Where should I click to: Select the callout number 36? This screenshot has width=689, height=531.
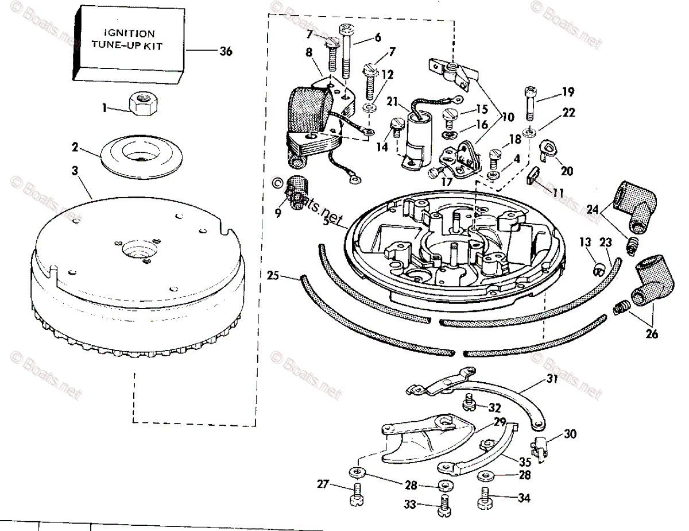tap(226, 52)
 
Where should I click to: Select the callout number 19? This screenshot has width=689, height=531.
tap(568, 92)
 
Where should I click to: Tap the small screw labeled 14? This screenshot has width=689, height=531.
tap(394, 125)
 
